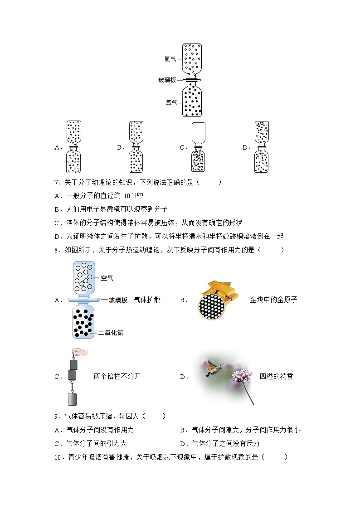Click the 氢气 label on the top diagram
coord(170,58)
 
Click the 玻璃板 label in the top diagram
coord(167,80)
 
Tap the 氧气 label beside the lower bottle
coord(171,102)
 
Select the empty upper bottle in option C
coord(199,132)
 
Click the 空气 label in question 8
coord(107,278)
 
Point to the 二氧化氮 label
coord(111,333)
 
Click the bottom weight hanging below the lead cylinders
coord(73,398)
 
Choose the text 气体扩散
coord(147,300)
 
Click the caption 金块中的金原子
coord(273,300)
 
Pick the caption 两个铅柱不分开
coord(117,376)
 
